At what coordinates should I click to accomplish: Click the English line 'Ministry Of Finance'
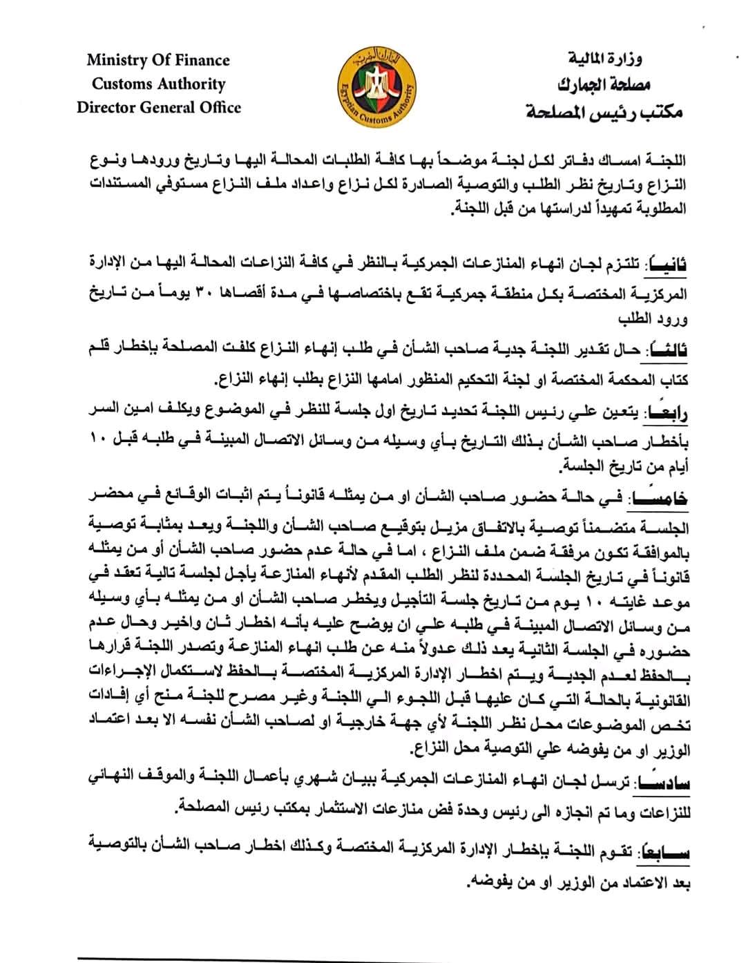(158, 60)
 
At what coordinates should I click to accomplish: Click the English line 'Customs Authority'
(159, 84)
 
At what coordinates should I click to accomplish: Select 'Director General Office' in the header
(159, 108)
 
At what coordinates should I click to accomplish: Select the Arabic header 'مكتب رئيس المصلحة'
(604, 111)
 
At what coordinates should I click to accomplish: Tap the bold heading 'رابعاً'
(667, 412)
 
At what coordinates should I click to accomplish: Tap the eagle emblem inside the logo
(378, 86)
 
